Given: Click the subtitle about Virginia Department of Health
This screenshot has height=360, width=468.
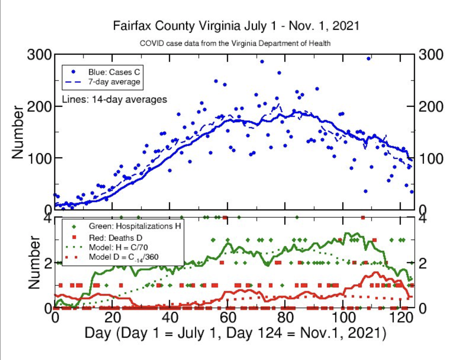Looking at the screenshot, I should [235, 43].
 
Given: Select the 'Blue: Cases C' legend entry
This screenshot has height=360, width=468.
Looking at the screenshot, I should [114, 72].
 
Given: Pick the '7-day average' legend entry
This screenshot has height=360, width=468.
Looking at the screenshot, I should [114, 82].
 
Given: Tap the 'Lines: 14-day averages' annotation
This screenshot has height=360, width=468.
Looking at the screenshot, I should [114, 99].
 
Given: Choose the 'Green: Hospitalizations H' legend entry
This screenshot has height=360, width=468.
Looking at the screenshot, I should [135, 226].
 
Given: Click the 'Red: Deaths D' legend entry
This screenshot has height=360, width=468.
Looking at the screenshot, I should [115, 238].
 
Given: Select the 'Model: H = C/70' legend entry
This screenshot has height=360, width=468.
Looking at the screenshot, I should [118, 247].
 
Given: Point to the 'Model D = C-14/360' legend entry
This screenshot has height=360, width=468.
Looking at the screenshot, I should [123, 257].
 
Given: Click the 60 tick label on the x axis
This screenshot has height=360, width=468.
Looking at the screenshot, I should [228, 318].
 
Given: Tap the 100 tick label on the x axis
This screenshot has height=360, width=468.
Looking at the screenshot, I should [343, 318].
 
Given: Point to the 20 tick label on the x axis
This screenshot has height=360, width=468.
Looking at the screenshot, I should [112, 318].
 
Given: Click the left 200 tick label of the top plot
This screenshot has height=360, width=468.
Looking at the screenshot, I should [39, 107].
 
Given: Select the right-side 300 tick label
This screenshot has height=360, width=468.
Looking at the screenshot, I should [431, 55].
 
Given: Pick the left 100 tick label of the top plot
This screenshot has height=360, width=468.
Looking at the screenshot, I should [39, 159].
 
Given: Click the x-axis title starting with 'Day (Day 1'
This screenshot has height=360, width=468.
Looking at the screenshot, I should [235, 333].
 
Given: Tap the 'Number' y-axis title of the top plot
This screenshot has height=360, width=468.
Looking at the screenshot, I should [18, 132].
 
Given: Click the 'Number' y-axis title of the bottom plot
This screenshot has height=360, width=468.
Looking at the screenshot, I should [34, 262].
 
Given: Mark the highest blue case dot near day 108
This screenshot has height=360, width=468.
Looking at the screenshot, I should [368, 59].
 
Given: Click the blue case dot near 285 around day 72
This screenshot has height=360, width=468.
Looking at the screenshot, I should [262, 62].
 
